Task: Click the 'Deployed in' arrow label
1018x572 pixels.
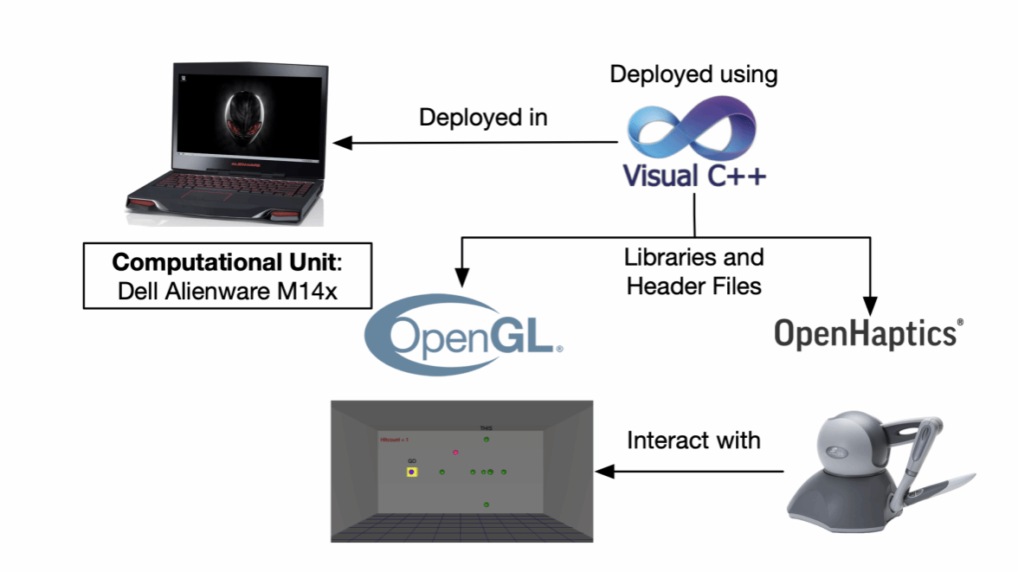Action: point(483,118)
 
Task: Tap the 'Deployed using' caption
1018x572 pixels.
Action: point(693,74)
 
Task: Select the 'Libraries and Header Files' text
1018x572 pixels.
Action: point(693,271)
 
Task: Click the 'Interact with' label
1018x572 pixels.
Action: point(693,440)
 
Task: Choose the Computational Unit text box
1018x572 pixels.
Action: point(228,275)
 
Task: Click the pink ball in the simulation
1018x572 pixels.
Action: point(455,452)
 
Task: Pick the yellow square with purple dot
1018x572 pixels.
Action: point(412,472)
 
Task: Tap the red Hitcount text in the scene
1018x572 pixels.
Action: point(394,440)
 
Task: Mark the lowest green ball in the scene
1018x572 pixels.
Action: point(486,505)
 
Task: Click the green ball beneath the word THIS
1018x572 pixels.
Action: point(486,440)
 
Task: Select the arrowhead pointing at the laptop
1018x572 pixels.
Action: point(345,142)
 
